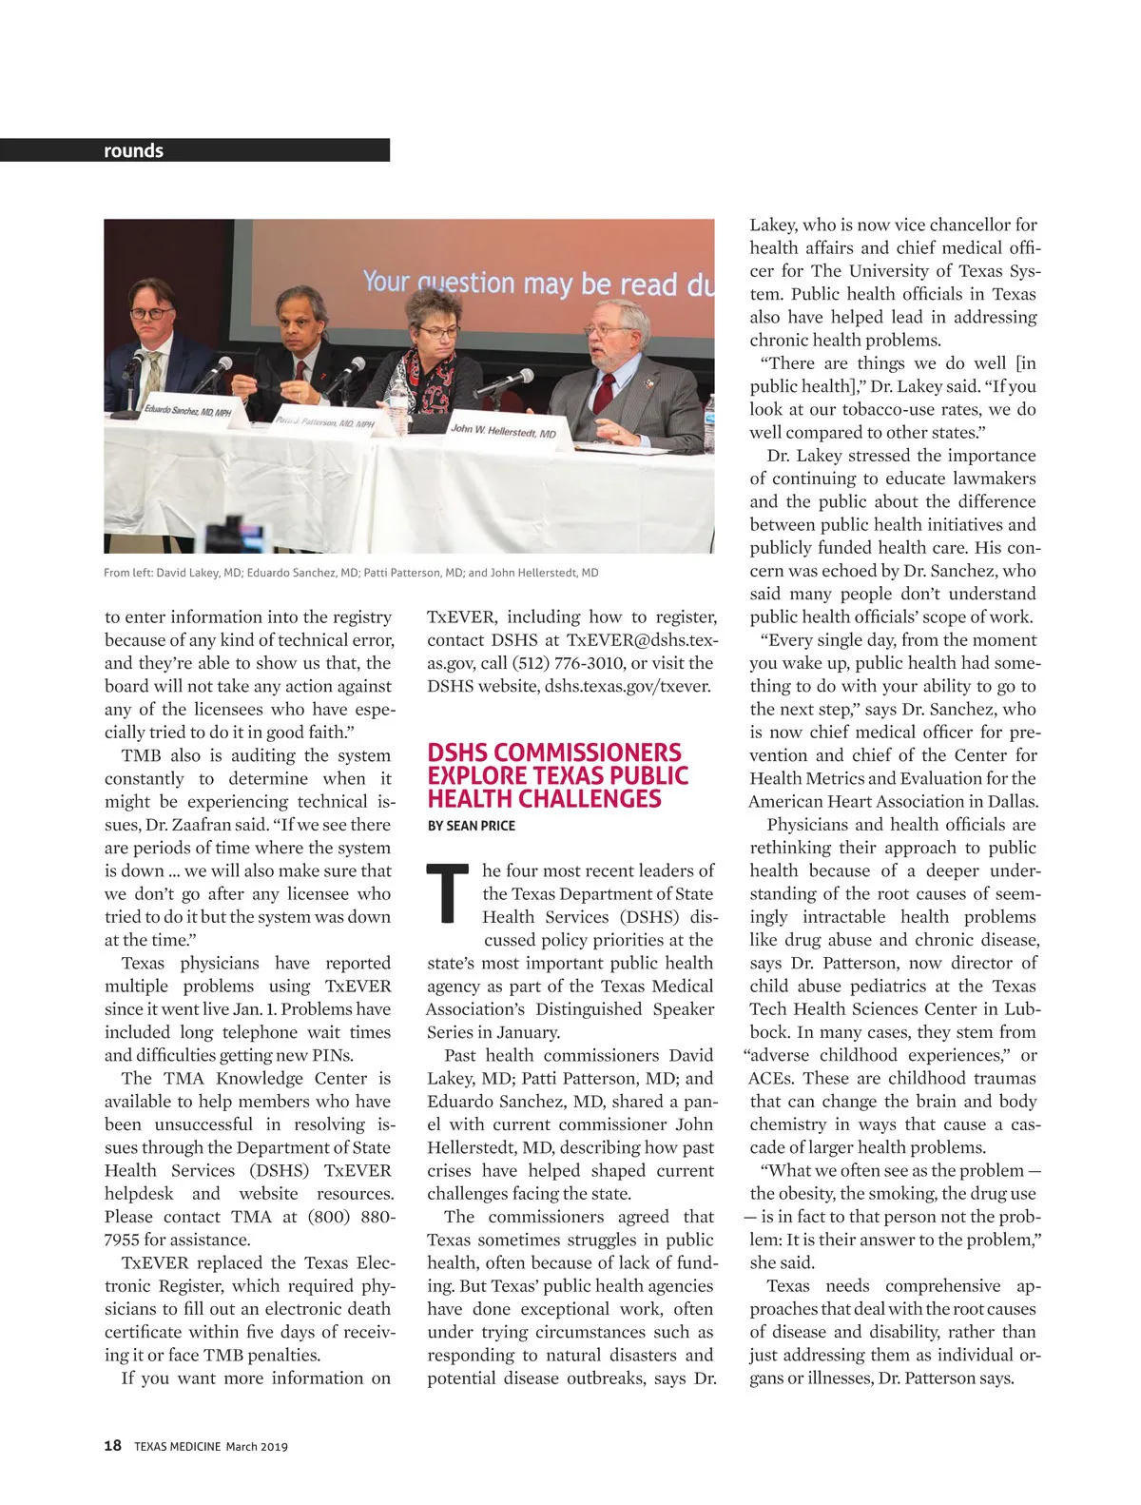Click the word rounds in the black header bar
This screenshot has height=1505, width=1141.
(133, 150)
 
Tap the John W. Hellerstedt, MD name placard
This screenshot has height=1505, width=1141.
(503, 431)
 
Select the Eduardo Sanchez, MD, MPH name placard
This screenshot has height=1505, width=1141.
(187, 411)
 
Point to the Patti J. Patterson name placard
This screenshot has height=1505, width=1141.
(324, 421)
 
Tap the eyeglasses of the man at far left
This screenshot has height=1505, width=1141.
(151, 312)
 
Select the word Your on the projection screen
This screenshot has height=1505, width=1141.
(386, 281)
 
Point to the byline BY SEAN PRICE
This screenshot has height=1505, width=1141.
(471, 826)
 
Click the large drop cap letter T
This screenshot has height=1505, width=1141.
(448, 893)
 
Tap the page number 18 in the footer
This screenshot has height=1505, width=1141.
(112, 1446)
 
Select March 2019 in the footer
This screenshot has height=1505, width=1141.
(257, 1447)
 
